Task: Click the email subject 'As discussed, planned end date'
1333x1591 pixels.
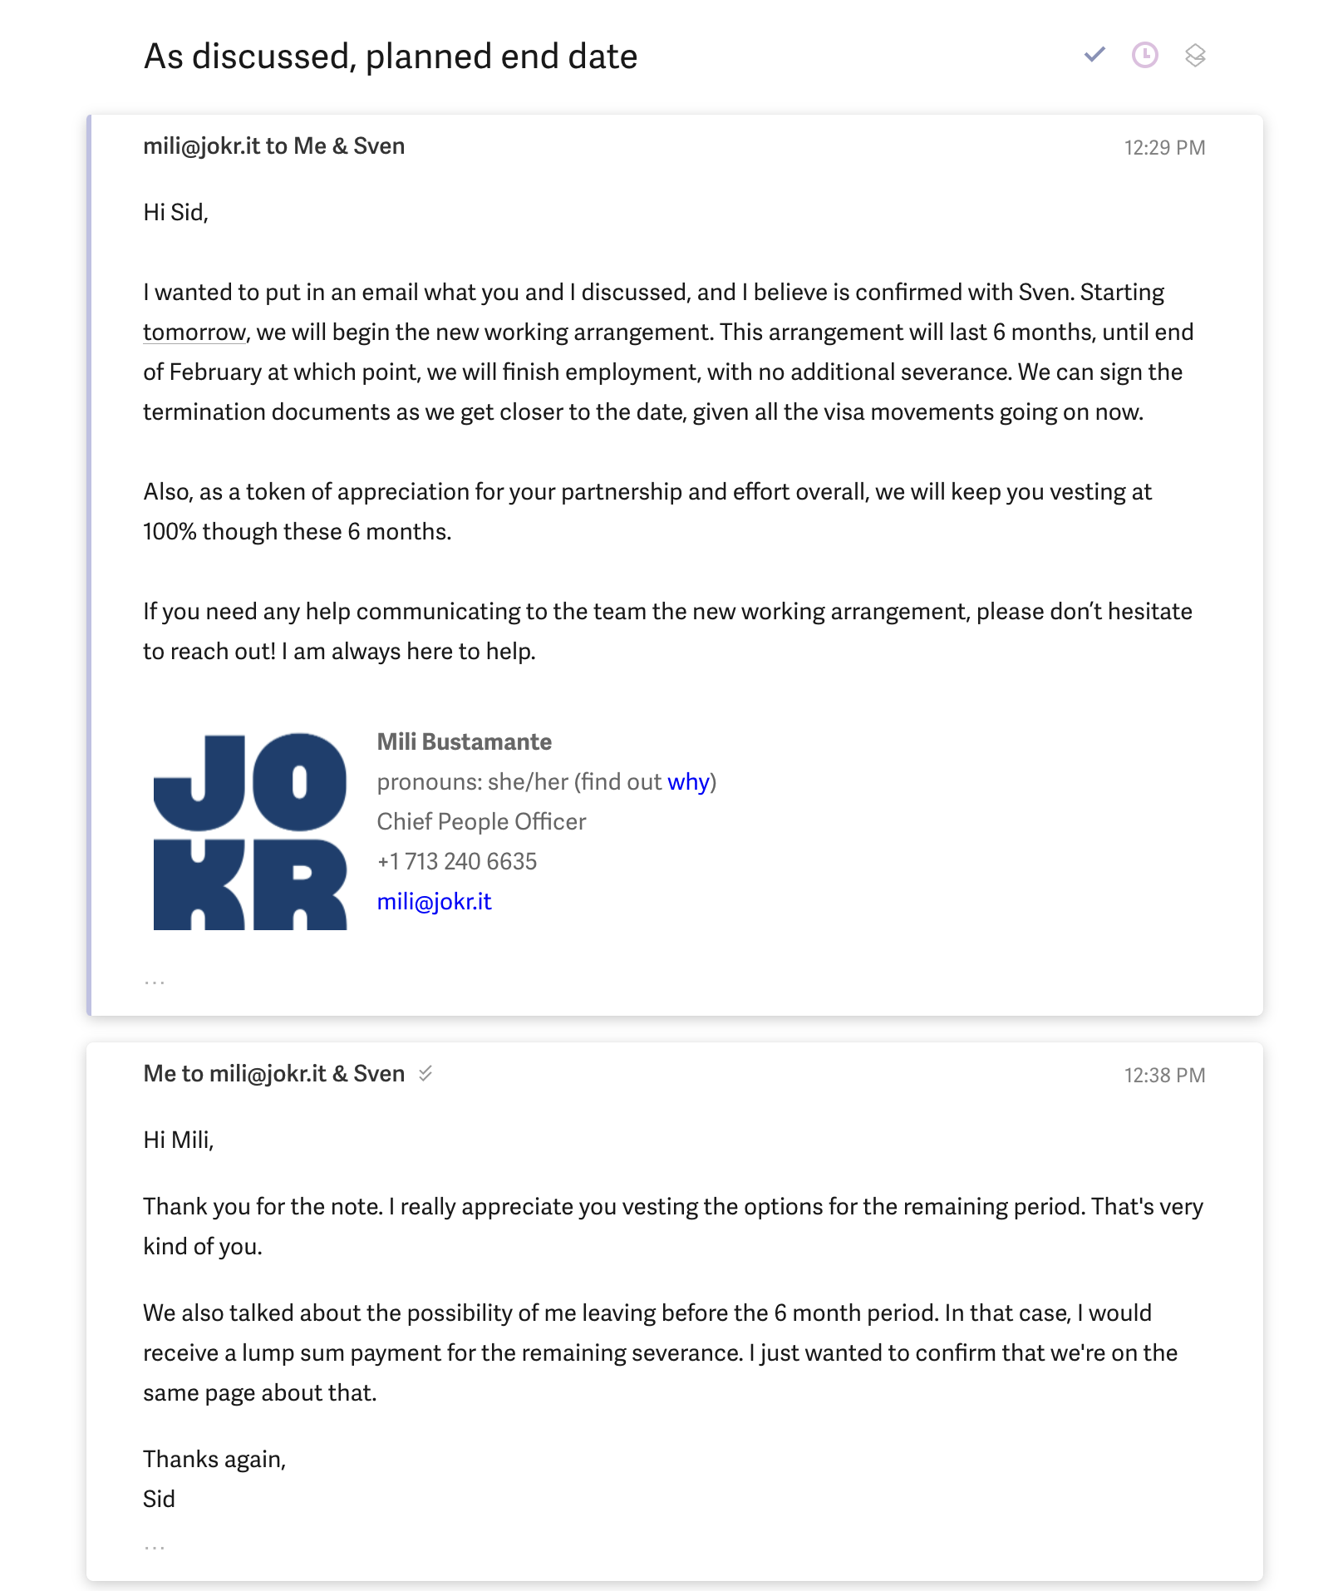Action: (390, 57)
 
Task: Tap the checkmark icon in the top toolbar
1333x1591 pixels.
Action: (1094, 55)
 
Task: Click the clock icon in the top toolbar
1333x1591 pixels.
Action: (1144, 55)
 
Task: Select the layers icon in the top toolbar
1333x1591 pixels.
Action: (1194, 55)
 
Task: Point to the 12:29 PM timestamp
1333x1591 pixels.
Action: (1163, 148)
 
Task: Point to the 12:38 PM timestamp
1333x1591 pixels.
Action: (1163, 1076)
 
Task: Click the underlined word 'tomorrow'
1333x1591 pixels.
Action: (194, 332)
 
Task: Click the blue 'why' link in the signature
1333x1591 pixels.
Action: (688, 782)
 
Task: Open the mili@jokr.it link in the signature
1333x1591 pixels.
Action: (434, 902)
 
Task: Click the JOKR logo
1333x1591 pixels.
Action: (250, 831)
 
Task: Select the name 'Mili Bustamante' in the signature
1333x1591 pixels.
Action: (464, 742)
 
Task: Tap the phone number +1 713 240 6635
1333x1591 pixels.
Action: (456, 862)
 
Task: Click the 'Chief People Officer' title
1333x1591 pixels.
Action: (481, 822)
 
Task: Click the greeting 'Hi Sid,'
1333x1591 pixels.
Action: (175, 213)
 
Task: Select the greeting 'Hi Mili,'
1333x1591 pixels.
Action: (178, 1140)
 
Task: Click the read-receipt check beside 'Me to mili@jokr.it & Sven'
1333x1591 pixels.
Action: (425, 1074)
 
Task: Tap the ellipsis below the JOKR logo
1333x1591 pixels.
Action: (155, 983)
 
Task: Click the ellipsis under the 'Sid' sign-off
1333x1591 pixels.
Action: (155, 1548)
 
